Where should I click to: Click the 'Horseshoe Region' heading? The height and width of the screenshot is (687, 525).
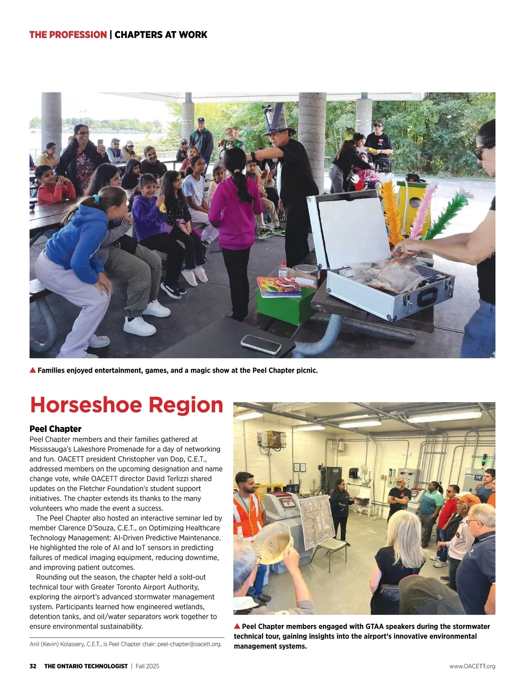(126, 405)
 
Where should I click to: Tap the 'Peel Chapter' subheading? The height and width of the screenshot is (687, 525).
(56, 429)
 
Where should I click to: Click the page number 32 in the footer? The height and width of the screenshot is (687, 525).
(33, 666)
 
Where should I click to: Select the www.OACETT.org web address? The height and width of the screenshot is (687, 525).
(472, 666)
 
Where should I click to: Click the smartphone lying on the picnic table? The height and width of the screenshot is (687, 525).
(261, 344)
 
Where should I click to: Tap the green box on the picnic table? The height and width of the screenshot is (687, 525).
(285, 304)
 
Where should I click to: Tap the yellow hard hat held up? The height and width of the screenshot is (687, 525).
(273, 542)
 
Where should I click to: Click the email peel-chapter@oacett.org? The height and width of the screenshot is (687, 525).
(189, 644)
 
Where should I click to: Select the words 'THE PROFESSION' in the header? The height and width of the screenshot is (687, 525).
(68, 35)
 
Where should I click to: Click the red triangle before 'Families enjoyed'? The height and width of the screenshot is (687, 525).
(32, 370)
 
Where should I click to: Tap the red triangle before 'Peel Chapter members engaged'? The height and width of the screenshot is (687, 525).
(237, 626)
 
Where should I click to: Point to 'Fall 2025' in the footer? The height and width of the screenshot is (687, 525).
(147, 666)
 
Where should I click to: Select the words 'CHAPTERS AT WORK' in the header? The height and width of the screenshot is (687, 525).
(161, 35)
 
